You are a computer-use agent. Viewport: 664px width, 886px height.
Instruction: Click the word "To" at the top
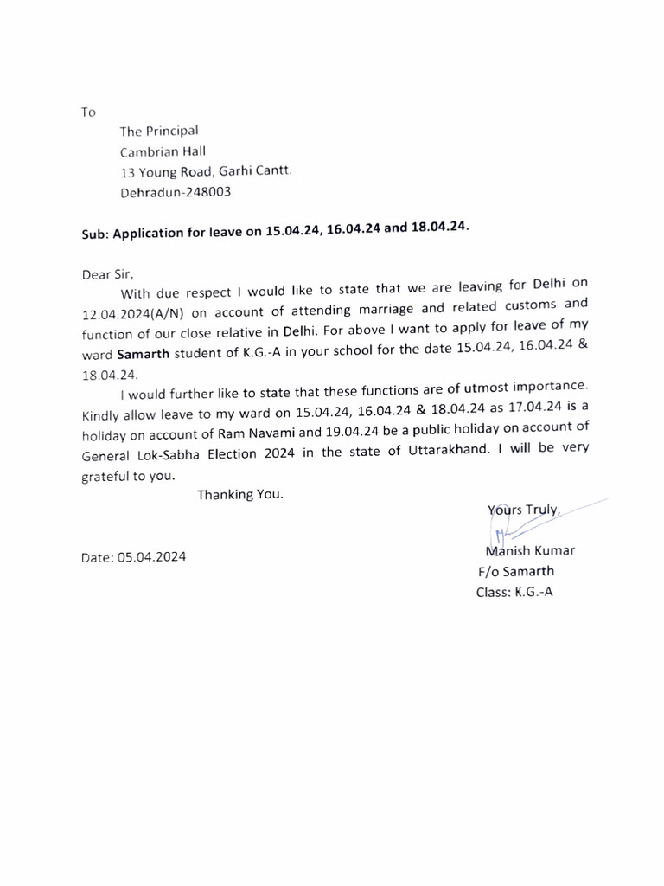[88, 112]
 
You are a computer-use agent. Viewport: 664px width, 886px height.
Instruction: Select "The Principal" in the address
[159, 131]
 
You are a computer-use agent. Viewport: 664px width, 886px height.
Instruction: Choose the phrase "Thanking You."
[240, 495]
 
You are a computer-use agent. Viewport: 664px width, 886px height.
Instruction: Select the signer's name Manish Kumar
[530, 551]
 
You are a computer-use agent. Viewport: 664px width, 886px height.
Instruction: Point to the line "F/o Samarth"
[516, 571]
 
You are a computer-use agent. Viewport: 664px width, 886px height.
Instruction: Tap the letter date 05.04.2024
[133, 558]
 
